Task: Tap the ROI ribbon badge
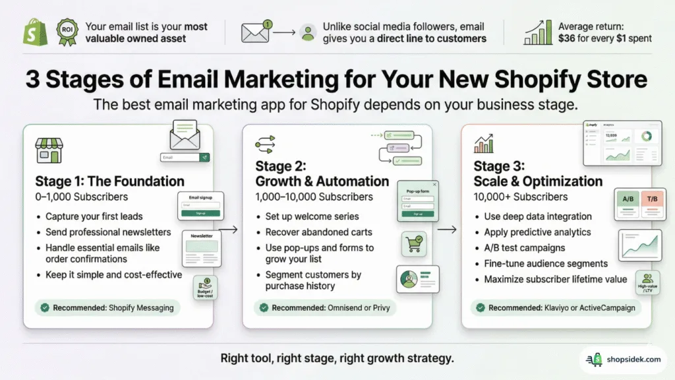pos(66,32)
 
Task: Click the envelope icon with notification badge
pos(256,32)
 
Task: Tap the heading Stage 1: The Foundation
pos(110,181)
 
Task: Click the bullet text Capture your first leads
pos(94,216)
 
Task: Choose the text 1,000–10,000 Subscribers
pos(314,197)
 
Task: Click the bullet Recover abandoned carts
pos(318,232)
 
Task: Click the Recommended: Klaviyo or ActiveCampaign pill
pos(553,307)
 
